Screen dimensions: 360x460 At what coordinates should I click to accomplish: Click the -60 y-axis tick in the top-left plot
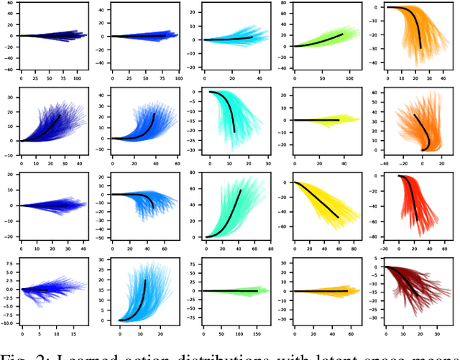coord(9,70)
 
